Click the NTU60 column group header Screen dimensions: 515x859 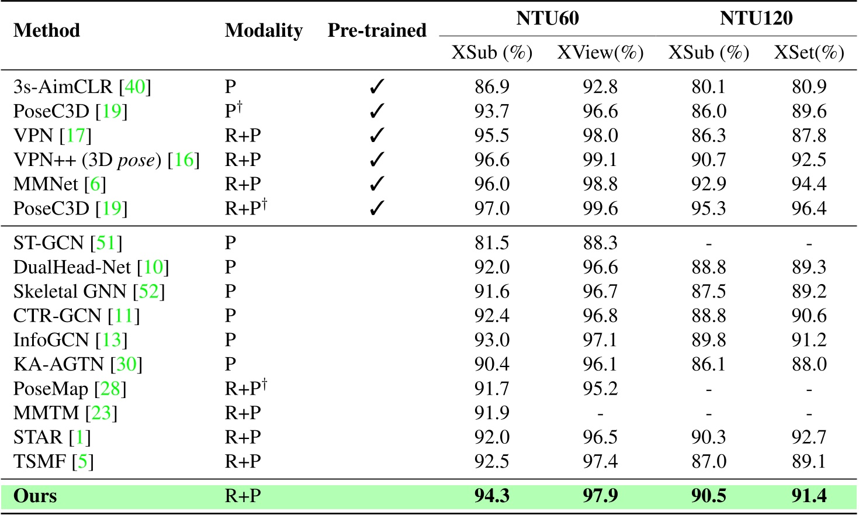coord(548,18)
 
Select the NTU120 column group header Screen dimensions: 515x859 coord(756,18)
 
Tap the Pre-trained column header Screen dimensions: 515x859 coord(377,30)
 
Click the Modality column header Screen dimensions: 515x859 coord(264,30)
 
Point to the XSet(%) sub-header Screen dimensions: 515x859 coord(809,53)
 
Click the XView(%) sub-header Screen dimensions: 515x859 coord(600,53)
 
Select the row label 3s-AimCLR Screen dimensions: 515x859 coord(63,87)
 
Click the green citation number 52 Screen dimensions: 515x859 coord(148,291)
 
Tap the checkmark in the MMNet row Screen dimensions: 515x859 coord(377,184)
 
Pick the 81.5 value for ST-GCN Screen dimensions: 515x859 coord(491,243)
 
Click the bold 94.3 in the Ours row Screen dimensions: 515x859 coord(491,496)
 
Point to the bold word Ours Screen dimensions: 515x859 coord(35,496)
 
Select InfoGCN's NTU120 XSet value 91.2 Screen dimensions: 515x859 coord(809,340)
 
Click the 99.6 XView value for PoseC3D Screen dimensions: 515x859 coord(600,209)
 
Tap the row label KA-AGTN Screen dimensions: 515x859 coord(58,364)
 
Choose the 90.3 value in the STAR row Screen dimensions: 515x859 coord(708,437)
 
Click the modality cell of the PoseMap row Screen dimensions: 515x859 coord(246,388)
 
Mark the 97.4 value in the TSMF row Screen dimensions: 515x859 coord(600,462)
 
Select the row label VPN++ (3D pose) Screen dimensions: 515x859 coord(86,160)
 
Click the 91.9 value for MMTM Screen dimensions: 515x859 coord(491,413)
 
